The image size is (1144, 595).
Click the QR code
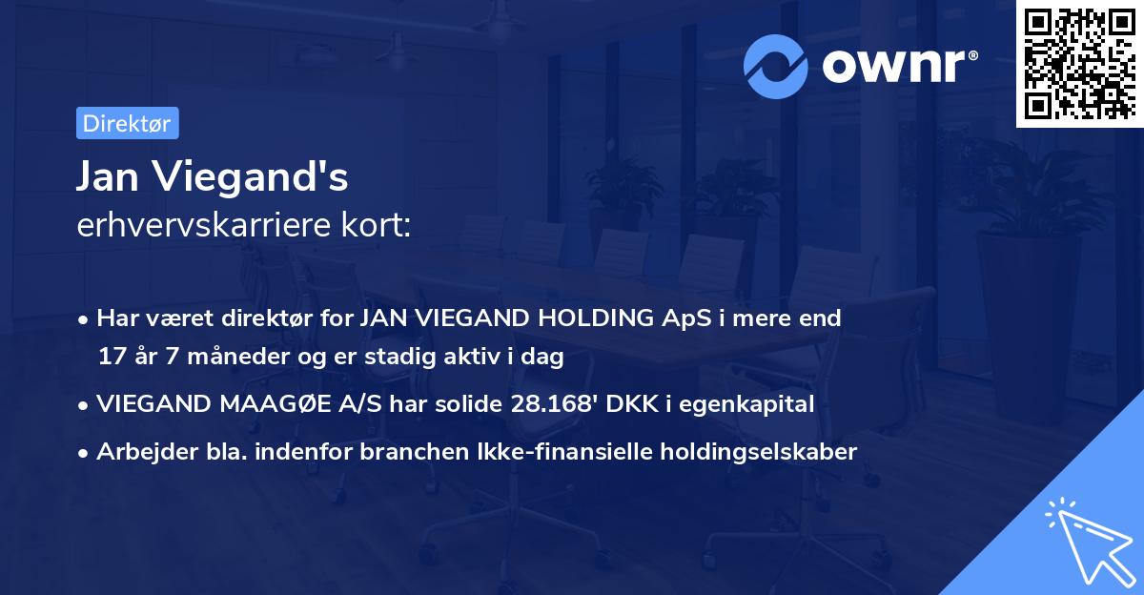click(1079, 64)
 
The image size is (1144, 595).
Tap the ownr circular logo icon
click(776, 67)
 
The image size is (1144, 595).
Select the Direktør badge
click(128, 123)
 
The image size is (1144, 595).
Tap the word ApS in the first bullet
click(688, 318)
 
